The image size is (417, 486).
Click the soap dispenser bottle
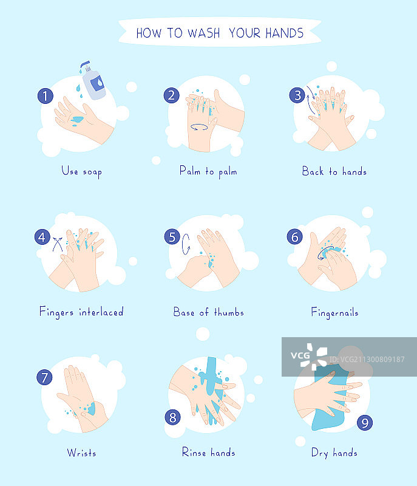(93, 81)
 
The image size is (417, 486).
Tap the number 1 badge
(45, 96)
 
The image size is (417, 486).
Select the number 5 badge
(172, 237)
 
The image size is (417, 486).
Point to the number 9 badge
(365, 423)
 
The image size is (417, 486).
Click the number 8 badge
(173, 417)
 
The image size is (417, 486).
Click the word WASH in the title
(204, 33)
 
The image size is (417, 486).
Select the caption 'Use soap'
(81, 172)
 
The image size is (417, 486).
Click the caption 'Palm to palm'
(208, 171)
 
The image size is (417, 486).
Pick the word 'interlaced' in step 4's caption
(101, 312)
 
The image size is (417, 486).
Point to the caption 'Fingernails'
(334, 312)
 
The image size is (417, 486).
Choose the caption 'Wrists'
(81, 453)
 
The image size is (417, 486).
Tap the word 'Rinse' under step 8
(194, 452)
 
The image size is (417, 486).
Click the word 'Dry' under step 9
(319, 453)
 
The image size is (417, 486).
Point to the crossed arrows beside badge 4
(58, 244)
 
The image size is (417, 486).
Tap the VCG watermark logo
(309, 356)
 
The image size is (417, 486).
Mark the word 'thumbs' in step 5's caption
(229, 312)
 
